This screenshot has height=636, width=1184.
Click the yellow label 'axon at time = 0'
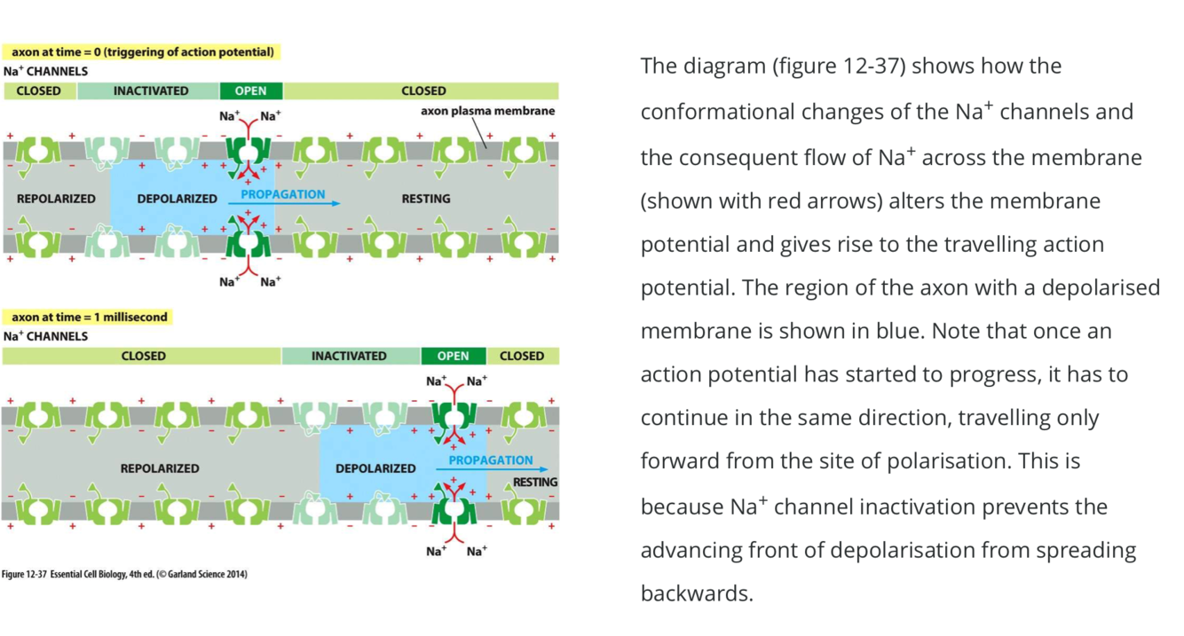point(142,52)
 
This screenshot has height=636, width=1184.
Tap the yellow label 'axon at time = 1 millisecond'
point(90,317)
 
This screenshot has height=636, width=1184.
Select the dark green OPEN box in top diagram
point(251,90)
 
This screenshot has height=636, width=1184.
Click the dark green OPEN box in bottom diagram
point(453,356)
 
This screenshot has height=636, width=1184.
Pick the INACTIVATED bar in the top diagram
point(150,90)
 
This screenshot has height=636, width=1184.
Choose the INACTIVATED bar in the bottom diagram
point(349,356)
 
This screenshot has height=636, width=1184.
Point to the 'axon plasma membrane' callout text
point(487,111)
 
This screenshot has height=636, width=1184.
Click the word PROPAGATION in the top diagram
point(283,193)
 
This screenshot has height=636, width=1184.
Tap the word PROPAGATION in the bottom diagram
point(490,459)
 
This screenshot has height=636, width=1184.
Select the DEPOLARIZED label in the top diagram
point(177,199)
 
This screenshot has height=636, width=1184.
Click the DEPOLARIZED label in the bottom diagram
point(375,467)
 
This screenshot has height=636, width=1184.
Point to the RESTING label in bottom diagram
point(535,483)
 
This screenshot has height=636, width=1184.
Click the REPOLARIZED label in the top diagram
point(56,199)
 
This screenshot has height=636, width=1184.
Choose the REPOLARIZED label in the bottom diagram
point(160,467)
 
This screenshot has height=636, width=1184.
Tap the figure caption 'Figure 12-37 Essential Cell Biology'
point(124,574)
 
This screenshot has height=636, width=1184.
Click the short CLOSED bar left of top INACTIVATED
point(39,90)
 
